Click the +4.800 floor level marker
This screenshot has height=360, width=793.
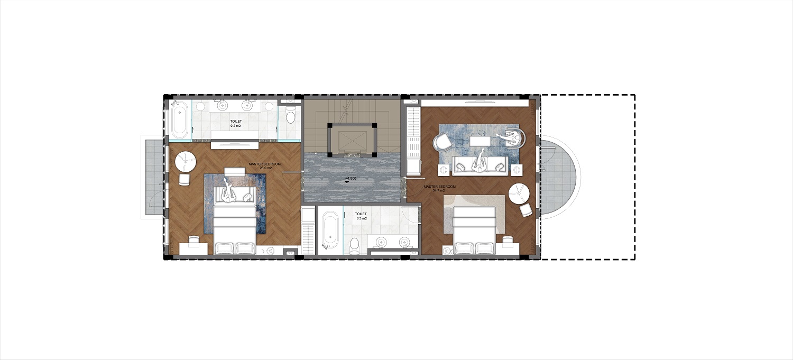(350, 179)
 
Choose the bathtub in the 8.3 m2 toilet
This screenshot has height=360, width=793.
(330, 230)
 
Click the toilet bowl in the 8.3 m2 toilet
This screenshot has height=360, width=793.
(354, 244)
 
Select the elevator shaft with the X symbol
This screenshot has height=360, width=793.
(351, 140)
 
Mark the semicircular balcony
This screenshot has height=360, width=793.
(559, 177)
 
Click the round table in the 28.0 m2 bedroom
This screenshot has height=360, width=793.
(186, 161)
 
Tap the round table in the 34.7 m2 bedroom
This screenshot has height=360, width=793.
(519, 193)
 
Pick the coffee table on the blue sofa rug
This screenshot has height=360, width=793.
(480, 141)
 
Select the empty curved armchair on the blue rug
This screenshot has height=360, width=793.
(442, 142)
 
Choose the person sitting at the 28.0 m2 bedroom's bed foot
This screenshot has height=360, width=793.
(228, 191)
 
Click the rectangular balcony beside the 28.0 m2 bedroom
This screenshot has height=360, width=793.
(153, 176)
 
